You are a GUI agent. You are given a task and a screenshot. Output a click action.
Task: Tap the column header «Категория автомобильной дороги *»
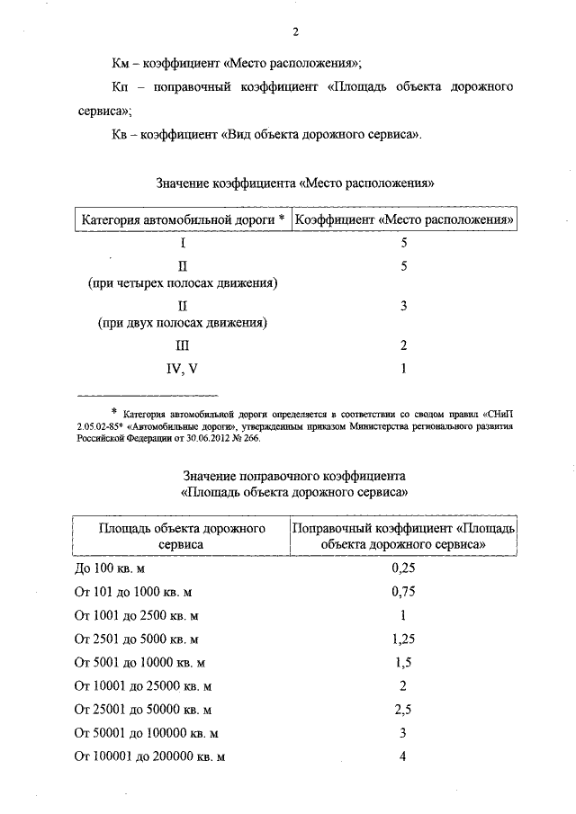click(183, 219)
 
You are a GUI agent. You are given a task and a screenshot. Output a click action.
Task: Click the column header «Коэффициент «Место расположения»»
click(405, 219)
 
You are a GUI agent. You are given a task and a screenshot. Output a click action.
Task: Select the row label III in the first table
click(183, 345)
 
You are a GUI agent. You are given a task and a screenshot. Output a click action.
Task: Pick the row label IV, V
click(183, 368)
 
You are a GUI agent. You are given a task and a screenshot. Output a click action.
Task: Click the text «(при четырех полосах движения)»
click(183, 282)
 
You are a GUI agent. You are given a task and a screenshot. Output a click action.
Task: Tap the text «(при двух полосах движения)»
click(183, 322)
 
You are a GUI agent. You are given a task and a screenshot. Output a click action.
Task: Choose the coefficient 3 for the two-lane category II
click(404, 306)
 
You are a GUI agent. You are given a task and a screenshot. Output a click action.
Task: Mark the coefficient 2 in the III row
click(404, 345)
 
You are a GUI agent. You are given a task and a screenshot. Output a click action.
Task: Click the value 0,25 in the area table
click(404, 568)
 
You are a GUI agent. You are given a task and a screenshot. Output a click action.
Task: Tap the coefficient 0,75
click(404, 592)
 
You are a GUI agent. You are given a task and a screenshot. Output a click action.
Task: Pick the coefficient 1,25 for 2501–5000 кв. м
click(404, 639)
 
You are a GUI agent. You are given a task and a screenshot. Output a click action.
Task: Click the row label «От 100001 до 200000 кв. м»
click(149, 756)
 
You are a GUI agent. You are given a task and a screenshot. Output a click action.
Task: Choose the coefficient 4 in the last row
click(404, 756)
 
